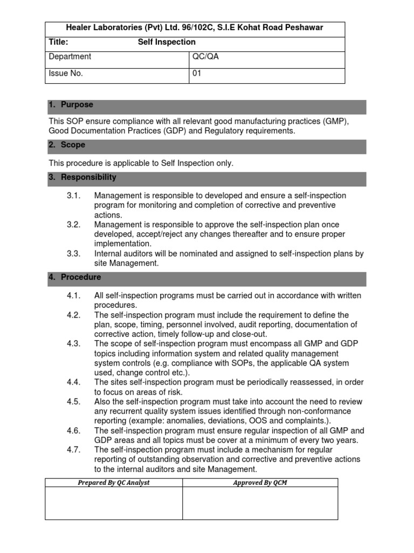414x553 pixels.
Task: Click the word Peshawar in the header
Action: pyautogui.click(x=305, y=28)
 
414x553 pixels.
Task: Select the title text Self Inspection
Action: pyautogui.click(x=167, y=42)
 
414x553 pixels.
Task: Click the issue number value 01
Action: pyautogui.click(x=197, y=74)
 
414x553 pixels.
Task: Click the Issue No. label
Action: pyautogui.click(x=66, y=74)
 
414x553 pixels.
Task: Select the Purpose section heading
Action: pyautogui.click(x=77, y=105)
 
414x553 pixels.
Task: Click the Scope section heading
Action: pyautogui.click(x=73, y=145)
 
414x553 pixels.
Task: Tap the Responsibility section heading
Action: pyautogui.click(x=88, y=177)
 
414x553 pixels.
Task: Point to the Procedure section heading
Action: pyautogui.click(x=80, y=277)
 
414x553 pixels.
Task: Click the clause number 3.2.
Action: pyautogui.click(x=74, y=225)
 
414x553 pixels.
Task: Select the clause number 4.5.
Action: pyautogui.click(x=74, y=401)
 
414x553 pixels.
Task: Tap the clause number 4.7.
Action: pyautogui.click(x=74, y=450)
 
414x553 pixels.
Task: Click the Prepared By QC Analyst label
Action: pyautogui.click(x=114, y=483)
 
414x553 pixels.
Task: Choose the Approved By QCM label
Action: pyautogui.click(x=260, y=483)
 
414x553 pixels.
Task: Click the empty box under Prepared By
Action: pyautogui.click(x=114, y=503)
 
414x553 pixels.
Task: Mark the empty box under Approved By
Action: pyautogui.click(x=260, y=503)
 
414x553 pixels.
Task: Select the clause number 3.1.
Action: pyautogui.click(x=74, y=195)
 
